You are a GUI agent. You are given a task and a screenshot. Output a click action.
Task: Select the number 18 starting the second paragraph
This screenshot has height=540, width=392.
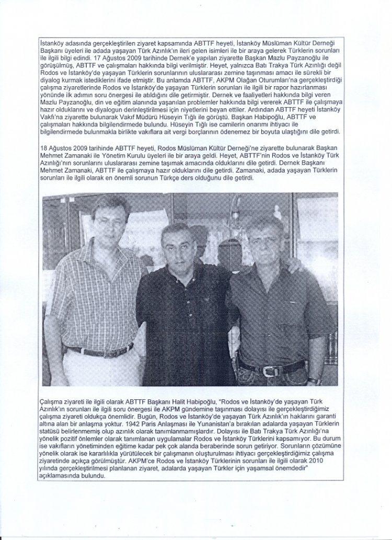point(44,149)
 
